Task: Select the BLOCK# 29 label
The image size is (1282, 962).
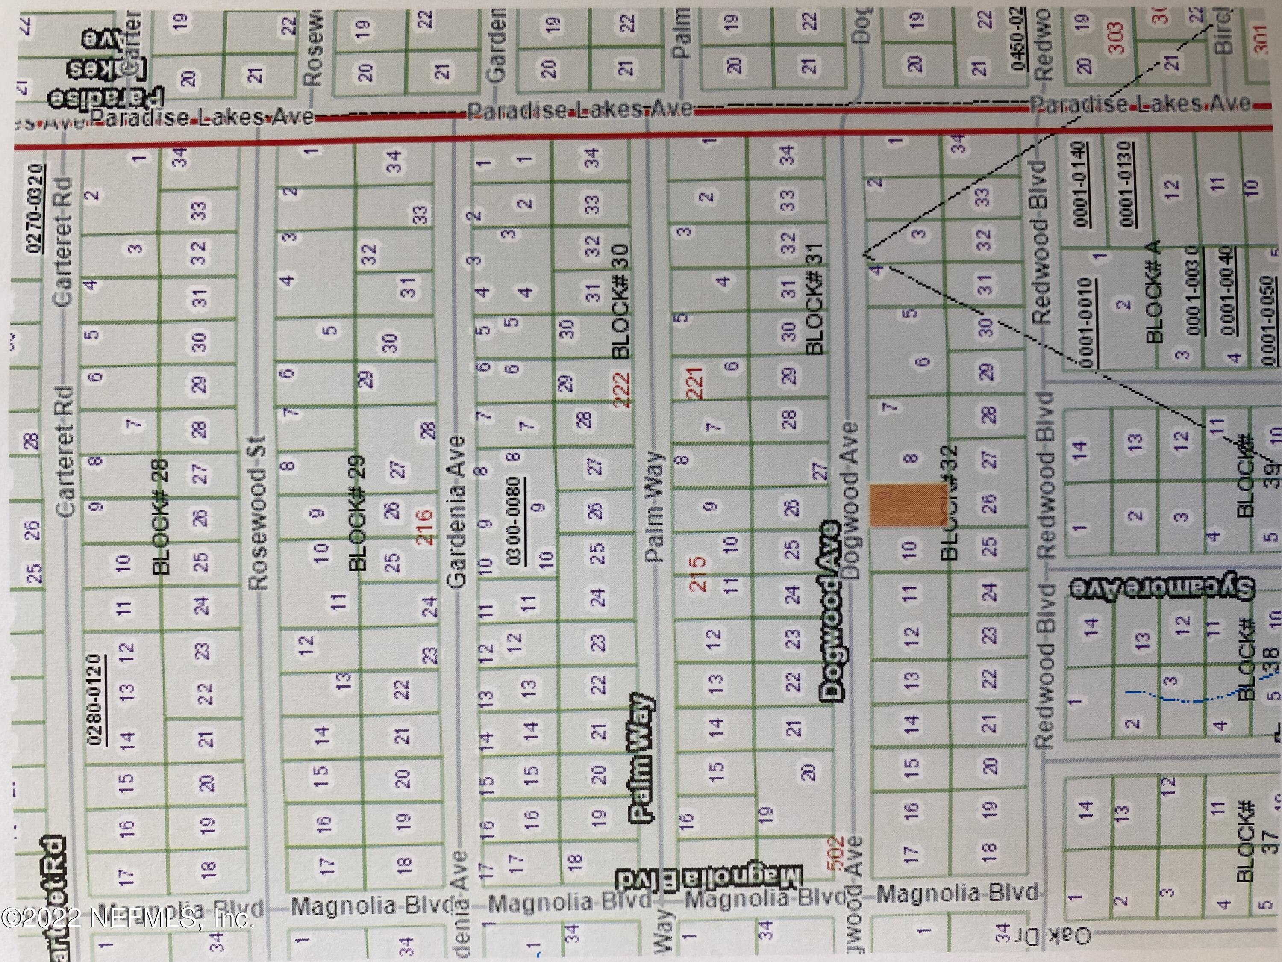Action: pos(358,513)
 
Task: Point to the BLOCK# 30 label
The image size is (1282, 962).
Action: pos(620,301)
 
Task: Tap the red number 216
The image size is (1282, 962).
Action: pos(425,526)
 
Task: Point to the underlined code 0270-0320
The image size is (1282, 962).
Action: pos(34,209)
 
